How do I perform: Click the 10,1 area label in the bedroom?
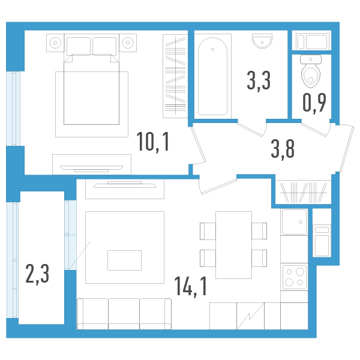click(x=153, y=142)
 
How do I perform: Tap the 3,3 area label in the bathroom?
click(x=258, y=80)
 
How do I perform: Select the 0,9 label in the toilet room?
click(x=314, y=103)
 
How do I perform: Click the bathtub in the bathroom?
click(x=213, y=76)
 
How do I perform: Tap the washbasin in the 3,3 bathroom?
click(x=261, y=40)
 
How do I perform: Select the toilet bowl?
click(x=311, y=71)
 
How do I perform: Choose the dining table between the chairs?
click(x=233, y=245)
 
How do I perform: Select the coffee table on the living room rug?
click(x=124, y=260)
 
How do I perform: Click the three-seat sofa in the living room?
click(x=124, y=313)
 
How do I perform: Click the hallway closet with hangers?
click(x=304, y=192)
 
